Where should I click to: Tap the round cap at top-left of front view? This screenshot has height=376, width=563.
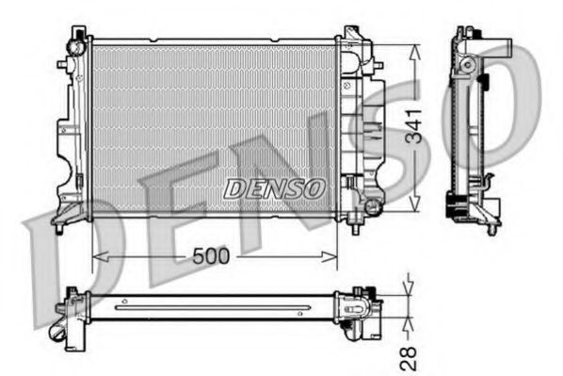point(76,43)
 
